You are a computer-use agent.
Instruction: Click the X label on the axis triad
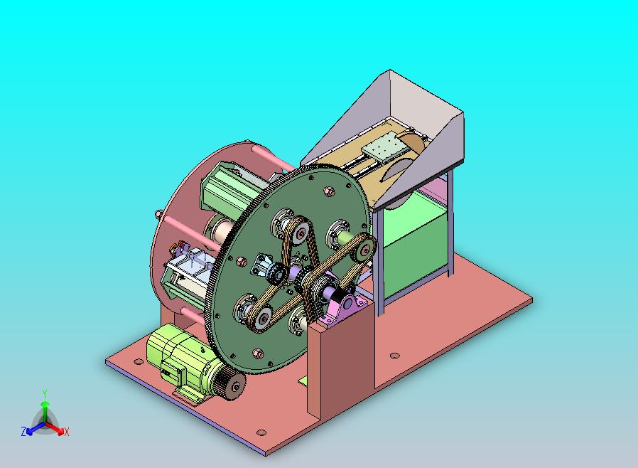click(x=66, y=432)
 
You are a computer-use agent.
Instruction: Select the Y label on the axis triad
click(x=44, y=393)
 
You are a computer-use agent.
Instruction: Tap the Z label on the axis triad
click(x=23, y=431)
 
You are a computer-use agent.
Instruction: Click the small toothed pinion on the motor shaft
click(x=232, y=385)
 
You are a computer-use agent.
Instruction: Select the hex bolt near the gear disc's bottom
click(x=257, y=352)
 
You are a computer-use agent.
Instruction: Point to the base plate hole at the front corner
click(x=261, y=432)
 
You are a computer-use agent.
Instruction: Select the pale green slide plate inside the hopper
click(x=384, y=152)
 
